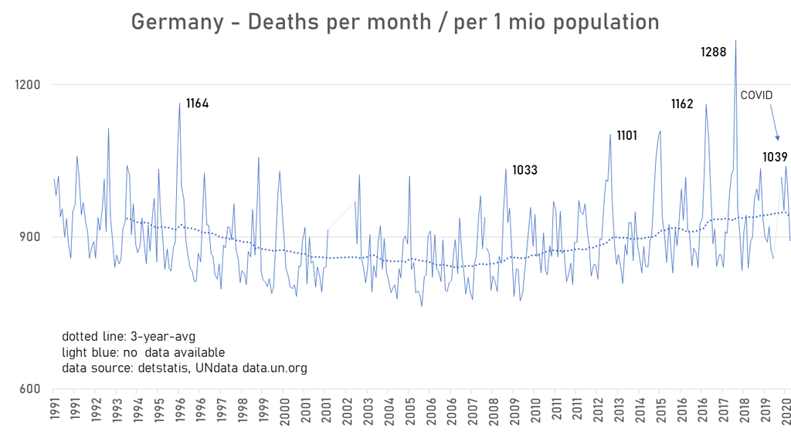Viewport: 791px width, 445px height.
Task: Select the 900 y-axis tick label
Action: coord(29,237)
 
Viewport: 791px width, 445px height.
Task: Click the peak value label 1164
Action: coord(197,104)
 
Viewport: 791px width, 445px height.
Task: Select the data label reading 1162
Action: coord(682,104)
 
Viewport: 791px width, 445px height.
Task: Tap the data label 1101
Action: coord(626,136)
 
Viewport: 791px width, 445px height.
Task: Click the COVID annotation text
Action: coord(756,95)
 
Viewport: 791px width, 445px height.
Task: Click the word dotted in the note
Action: coord(80,337)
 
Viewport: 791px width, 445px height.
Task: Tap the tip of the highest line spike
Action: coord(735,40)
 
